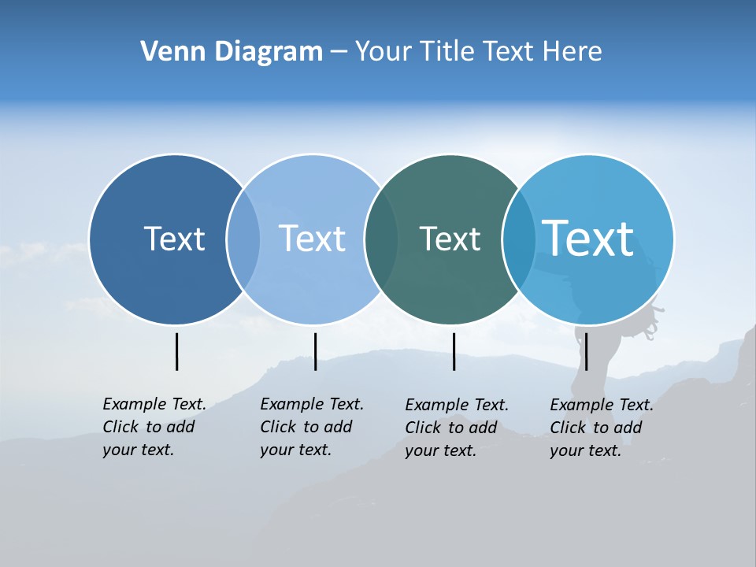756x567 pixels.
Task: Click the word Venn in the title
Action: point(166,52)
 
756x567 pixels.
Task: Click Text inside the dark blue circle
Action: point(174,239)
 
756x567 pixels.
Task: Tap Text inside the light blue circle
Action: point(312,239)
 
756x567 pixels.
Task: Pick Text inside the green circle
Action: point(450,239)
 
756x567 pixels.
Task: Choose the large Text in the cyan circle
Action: point(588,239)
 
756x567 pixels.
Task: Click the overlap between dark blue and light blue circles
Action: point(243,239)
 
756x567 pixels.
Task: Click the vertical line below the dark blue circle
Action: point(177,351)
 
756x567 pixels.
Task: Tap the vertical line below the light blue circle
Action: point(315,351)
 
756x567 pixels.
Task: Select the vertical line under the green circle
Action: point(454,351)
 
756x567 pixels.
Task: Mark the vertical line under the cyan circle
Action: point(586,351)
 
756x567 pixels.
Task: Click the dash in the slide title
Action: point(339,52)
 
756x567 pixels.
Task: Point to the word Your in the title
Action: point(381,52)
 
